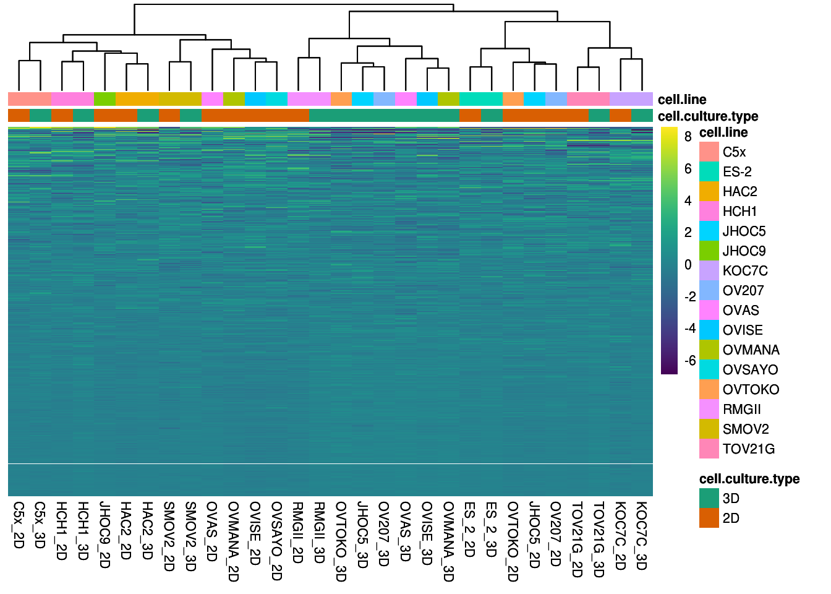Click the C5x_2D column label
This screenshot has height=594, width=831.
click(x=19, y=525)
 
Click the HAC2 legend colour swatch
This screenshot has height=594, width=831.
click(x=709, y=192)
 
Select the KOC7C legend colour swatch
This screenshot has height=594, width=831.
click(x=709, y=271)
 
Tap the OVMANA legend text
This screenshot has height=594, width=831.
click(x=751, y=350)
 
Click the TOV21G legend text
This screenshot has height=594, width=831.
click(x=748, y=449)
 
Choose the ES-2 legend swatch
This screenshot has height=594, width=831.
click(x=709, y=172)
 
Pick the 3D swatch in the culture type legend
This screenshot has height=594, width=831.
click(x=709, y=499)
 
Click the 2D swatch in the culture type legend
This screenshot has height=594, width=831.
click(x=709, y=519)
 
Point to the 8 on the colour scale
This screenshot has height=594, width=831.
click(x=688, y=137)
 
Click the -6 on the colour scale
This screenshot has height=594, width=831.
click(x=689, y=361)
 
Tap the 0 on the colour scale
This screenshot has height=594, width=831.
click(x=688, y=265)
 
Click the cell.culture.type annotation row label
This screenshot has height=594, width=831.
click(x=708, y=116)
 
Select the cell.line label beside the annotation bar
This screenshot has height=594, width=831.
click(x=682, y=100)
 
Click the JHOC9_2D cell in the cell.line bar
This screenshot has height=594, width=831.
click(x=104, y=99)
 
